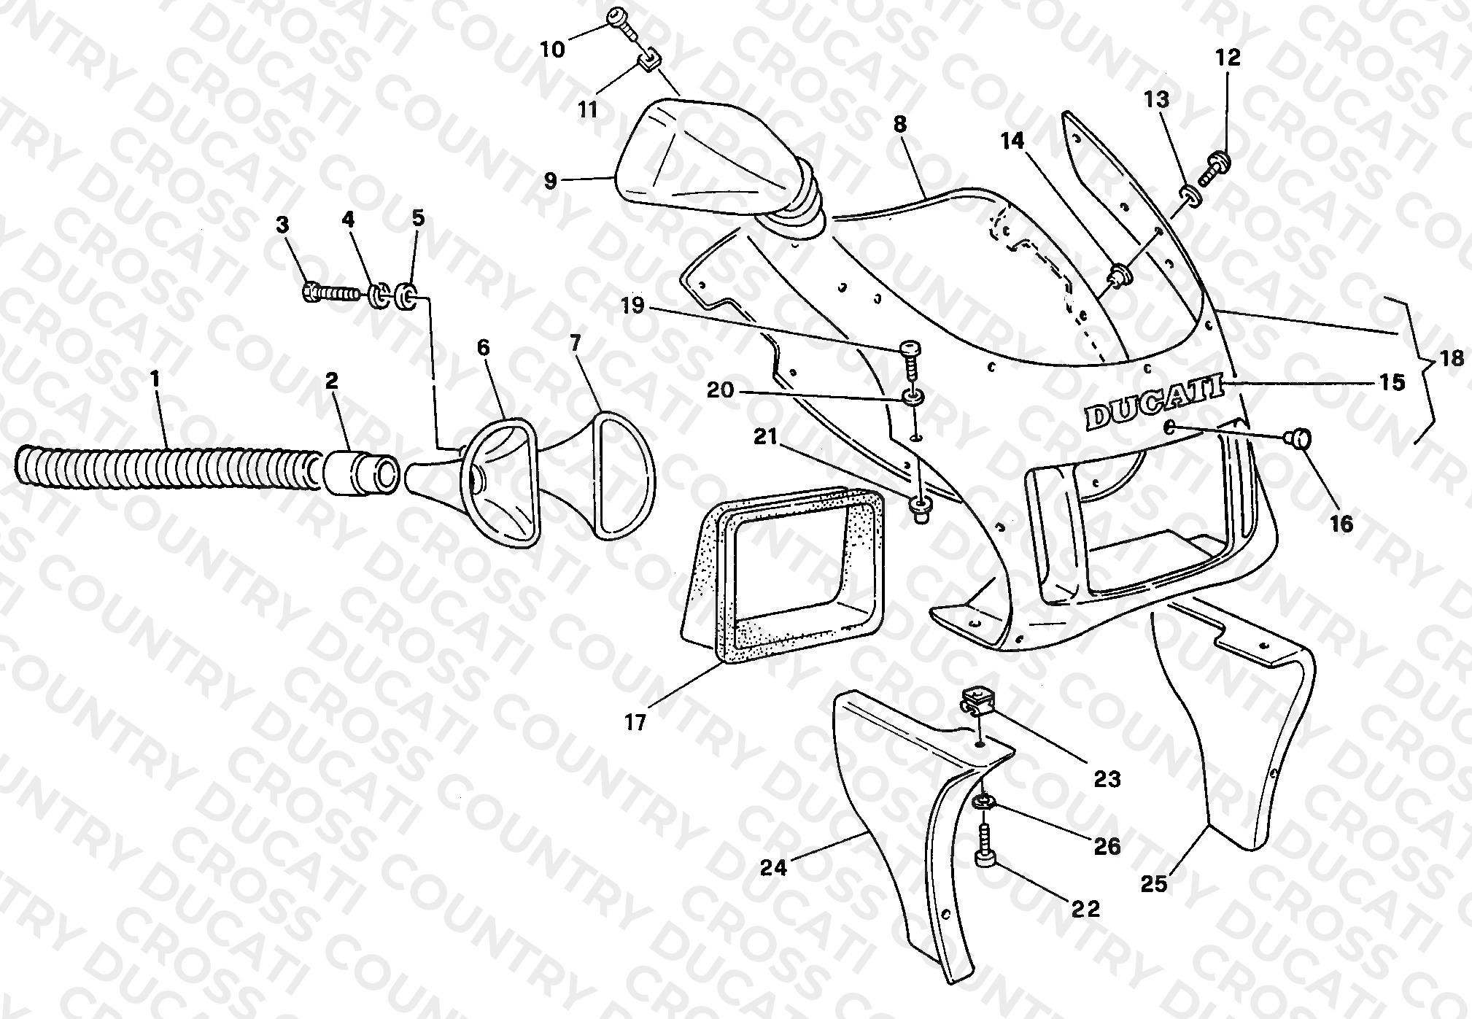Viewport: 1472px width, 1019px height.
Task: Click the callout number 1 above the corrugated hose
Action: [x=154, y=380]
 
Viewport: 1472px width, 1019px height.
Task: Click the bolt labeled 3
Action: [x=330, y=293]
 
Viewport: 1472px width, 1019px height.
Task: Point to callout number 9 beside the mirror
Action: [x=551, y=181]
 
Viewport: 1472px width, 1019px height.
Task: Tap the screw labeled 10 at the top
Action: [x=624, y=23]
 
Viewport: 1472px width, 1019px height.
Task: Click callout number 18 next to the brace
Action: [x=1452, y=359]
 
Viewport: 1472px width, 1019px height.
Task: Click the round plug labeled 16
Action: [x=1299, y=439]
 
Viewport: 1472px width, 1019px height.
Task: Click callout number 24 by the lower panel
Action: [x=774, y=868]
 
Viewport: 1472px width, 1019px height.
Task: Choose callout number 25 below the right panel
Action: [x=1155, y=884]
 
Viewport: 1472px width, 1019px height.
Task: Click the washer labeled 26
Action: [x=982, y=803]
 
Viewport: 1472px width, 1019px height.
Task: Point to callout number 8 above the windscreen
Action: [x=900, y=124]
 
